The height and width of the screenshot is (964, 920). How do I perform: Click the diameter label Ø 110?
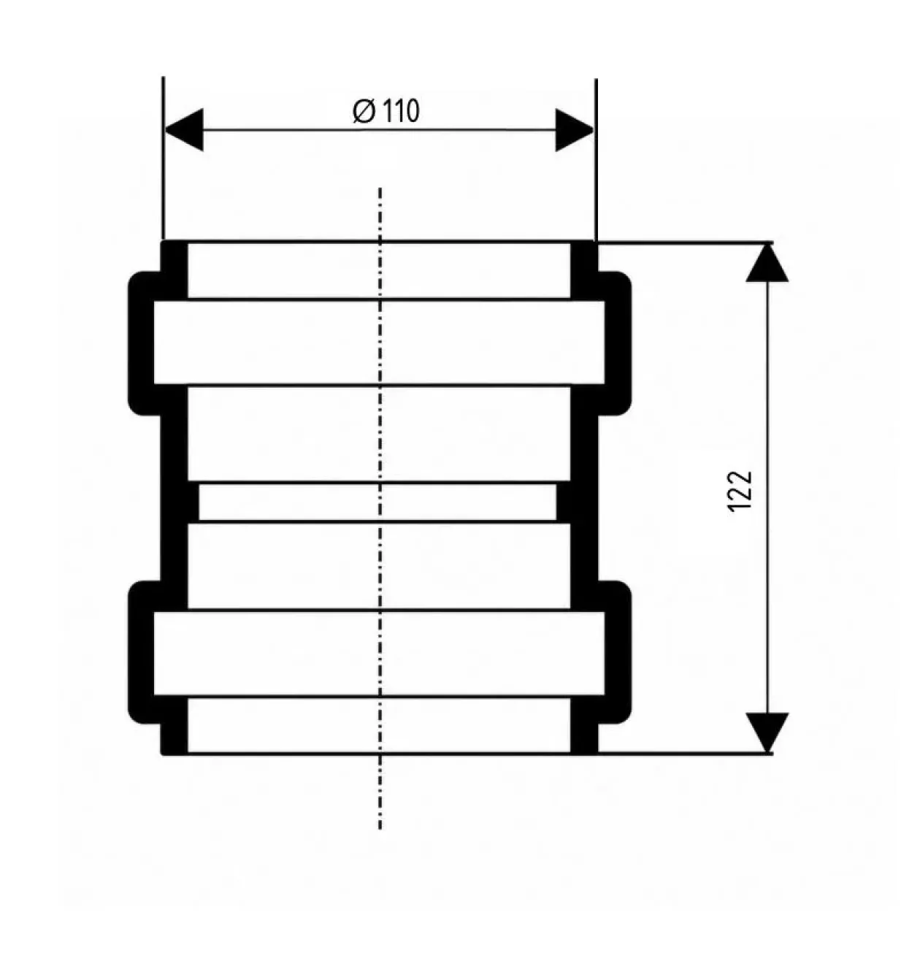[386, 111]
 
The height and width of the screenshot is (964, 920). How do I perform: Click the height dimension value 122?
[740, 491]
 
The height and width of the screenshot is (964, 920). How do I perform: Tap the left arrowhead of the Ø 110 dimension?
[184, 130]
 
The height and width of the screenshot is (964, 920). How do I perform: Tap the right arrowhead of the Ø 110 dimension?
[574, 130]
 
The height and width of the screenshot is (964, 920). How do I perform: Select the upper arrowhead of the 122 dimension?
[767, 263]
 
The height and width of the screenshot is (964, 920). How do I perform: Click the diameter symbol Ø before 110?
[364, 111]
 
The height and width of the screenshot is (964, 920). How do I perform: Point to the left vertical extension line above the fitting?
[164, 158]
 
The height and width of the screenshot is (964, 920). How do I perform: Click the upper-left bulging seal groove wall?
[141, 343]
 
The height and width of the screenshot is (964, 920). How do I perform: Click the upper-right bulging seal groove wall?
[618, 343]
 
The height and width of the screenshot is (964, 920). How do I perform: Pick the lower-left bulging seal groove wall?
[141, 652]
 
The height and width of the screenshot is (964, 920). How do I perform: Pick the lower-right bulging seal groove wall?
[618, 652]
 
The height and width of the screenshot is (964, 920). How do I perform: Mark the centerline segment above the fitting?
[380, 213]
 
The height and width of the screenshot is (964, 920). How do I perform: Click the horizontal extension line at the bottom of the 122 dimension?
[686, 752]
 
